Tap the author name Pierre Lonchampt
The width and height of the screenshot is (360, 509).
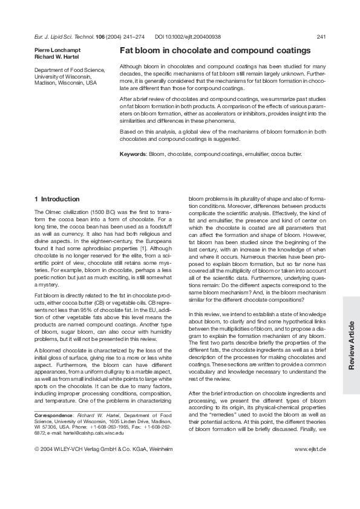(56, 50)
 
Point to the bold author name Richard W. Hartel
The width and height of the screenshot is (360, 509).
(56, 56)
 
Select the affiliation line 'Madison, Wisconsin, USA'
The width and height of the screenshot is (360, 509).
(65, 83)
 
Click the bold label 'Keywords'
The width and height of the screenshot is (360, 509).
(133, 154)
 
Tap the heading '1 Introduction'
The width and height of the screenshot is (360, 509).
(57, 199)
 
